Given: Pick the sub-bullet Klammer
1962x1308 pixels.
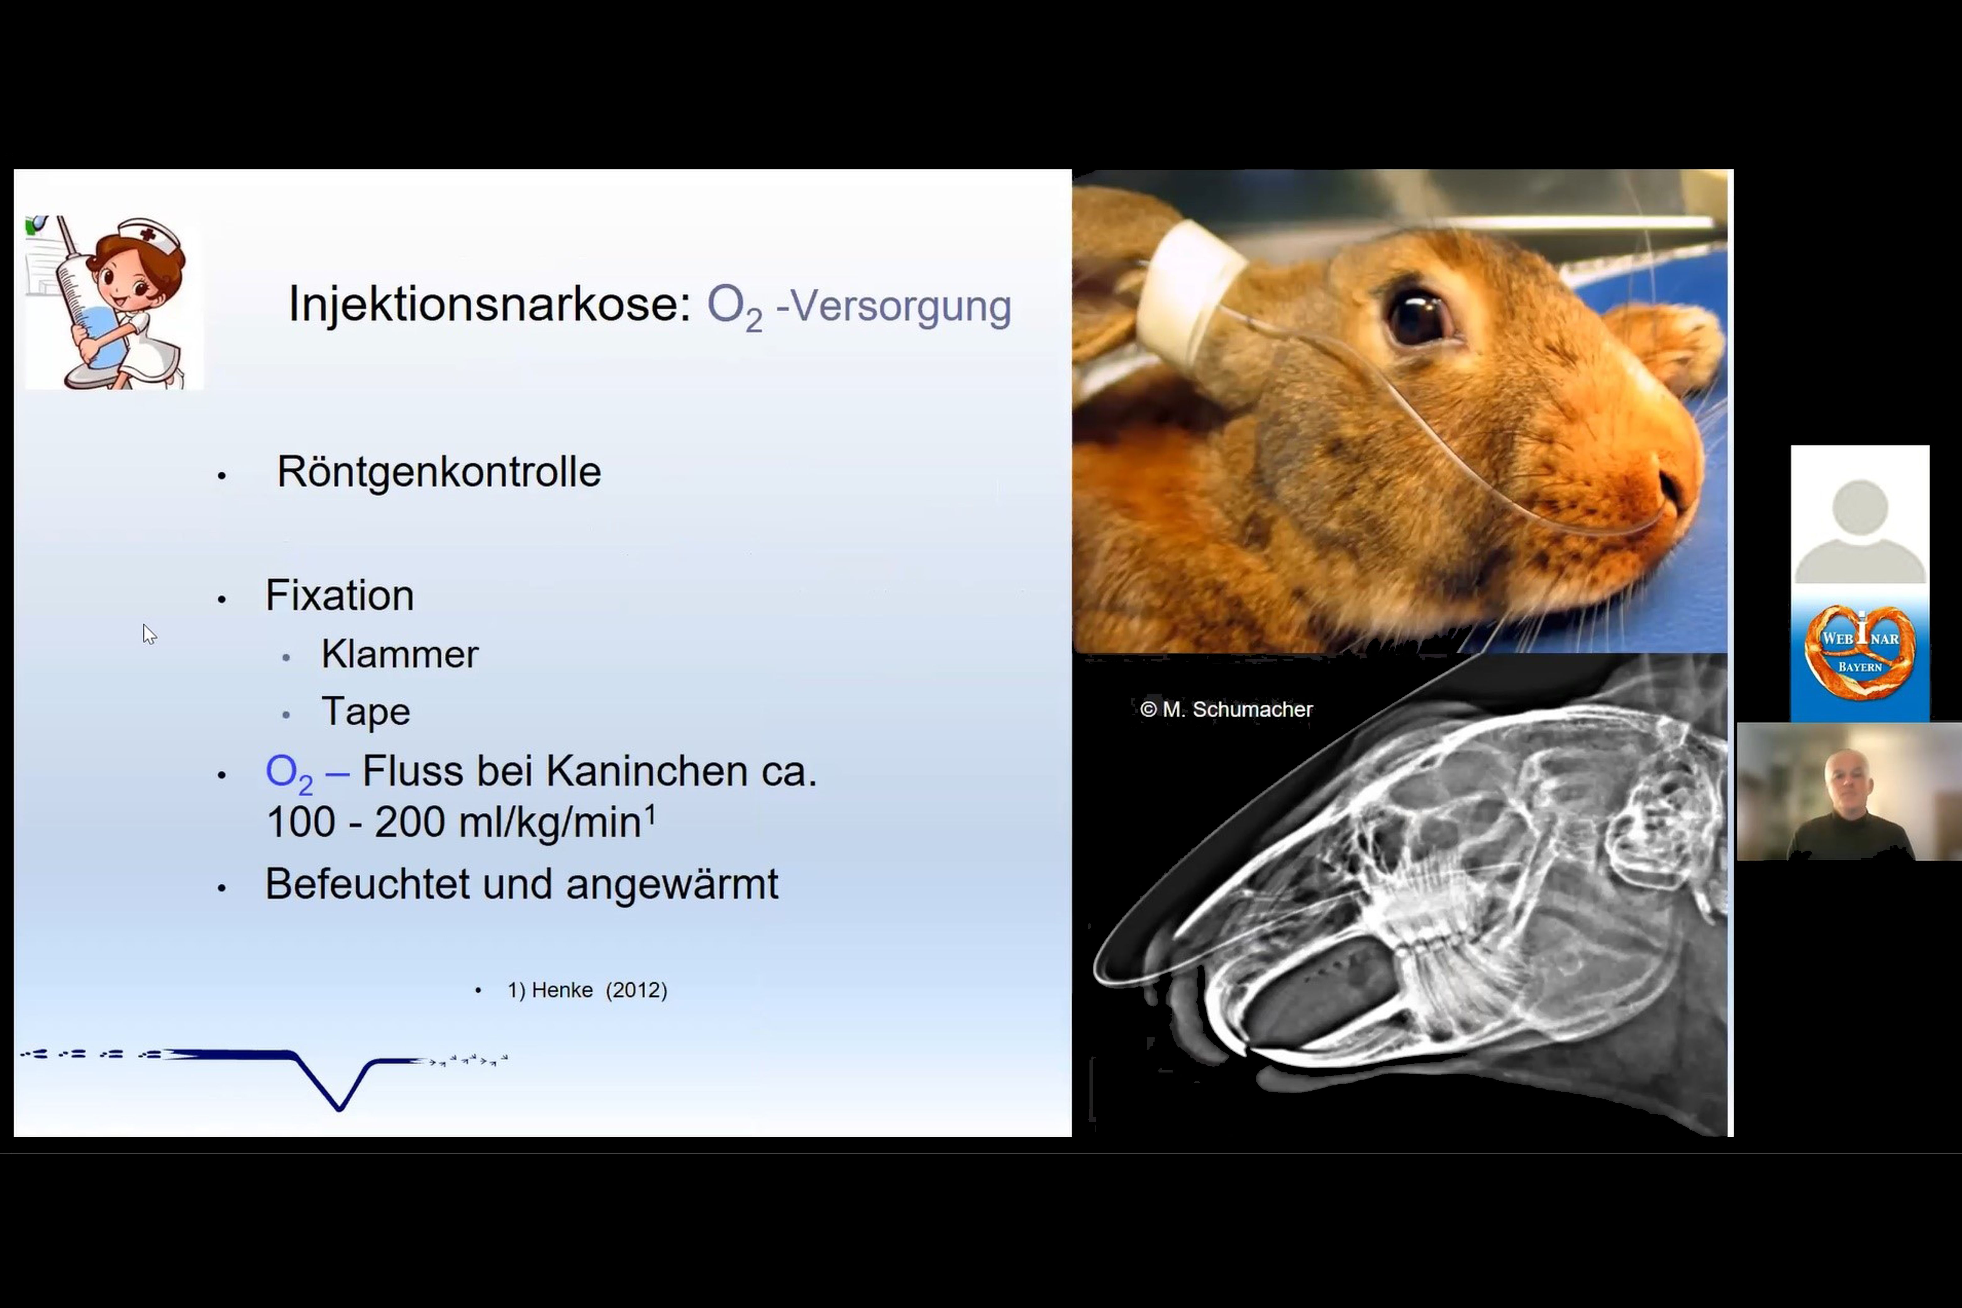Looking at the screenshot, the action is [x=400, y=654].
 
